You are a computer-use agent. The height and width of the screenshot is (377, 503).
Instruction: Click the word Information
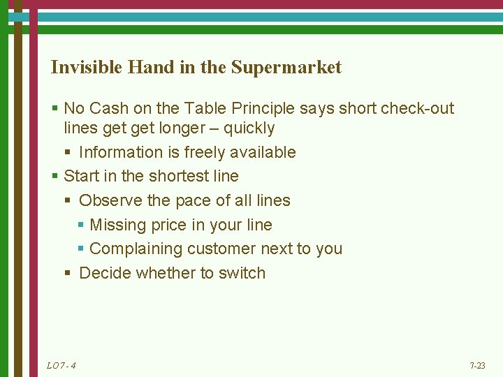point(121,152)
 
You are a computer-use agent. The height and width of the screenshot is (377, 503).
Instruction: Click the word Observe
point(108,200)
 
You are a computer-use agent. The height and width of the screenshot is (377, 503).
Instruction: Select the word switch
point(242,273)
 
